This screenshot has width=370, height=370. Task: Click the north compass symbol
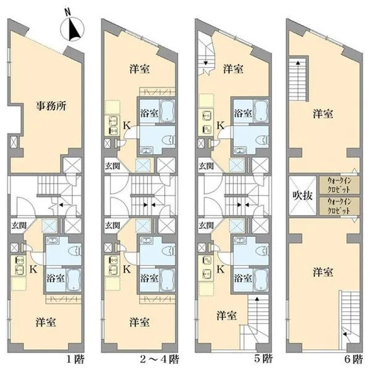(72, 29)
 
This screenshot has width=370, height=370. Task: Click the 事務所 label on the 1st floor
(51, 106)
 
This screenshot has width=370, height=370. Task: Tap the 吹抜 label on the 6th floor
(303, 195)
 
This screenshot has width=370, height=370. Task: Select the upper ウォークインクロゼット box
(339, 185)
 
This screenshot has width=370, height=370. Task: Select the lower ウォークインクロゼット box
(339, 206)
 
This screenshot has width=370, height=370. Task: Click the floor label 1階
(75, 360)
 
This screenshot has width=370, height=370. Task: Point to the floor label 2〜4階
(160, 360)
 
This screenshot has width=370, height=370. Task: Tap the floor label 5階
(263, 360)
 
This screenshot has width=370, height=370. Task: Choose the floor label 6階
(354, 360)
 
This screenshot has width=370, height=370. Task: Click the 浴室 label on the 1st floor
(55, 279)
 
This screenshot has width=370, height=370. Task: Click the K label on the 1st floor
(33, 269)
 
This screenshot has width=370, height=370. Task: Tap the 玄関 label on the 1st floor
(19, 226)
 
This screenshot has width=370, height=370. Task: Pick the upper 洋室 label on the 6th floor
(323, 113)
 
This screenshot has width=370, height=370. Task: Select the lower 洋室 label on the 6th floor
(323, 272)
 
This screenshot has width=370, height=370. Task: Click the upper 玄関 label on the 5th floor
(206, 166)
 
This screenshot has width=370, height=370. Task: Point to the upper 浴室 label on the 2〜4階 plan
(149, 113)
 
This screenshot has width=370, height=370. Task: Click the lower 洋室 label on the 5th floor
(226, 316)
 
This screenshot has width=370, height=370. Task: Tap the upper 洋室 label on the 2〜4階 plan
(139, 69)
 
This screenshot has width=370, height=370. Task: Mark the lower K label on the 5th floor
(220, 269)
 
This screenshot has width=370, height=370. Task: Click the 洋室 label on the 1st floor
(46, 322)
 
